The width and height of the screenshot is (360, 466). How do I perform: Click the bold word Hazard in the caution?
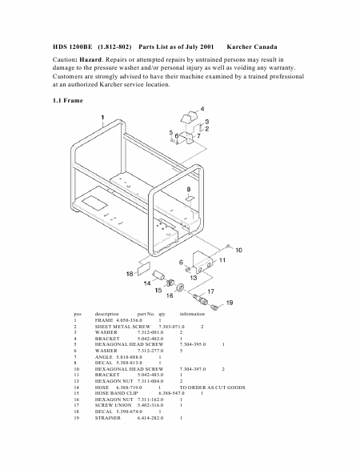(90, 60)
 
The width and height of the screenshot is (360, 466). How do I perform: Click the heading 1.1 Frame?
(68, 100)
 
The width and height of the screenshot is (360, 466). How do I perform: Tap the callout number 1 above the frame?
(102, 118)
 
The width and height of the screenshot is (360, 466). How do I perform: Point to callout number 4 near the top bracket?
(202, 109)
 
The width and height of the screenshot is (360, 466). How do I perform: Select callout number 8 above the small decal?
(189, 189)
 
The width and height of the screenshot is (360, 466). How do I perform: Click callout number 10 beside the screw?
(239, 251)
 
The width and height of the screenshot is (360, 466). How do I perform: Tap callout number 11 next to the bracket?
(222, 260)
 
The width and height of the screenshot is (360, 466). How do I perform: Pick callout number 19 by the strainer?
(230, 303)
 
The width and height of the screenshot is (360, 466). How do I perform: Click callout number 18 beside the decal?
(130, 274)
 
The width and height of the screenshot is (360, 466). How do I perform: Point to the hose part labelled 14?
(159, 275)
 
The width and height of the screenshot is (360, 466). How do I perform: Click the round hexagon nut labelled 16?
(180, 287)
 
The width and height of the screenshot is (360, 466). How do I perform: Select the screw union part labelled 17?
(199, 299)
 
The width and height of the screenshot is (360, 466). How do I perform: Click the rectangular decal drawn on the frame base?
(94, 203)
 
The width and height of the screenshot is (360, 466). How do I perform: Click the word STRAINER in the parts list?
(108, 418)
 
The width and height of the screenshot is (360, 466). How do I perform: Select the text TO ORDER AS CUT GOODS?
(212, 388)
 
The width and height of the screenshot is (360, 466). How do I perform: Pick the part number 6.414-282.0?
(150, 418)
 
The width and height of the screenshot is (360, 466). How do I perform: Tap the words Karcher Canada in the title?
(252, 47)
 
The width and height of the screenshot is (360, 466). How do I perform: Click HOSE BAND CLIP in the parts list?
(117, 393)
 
